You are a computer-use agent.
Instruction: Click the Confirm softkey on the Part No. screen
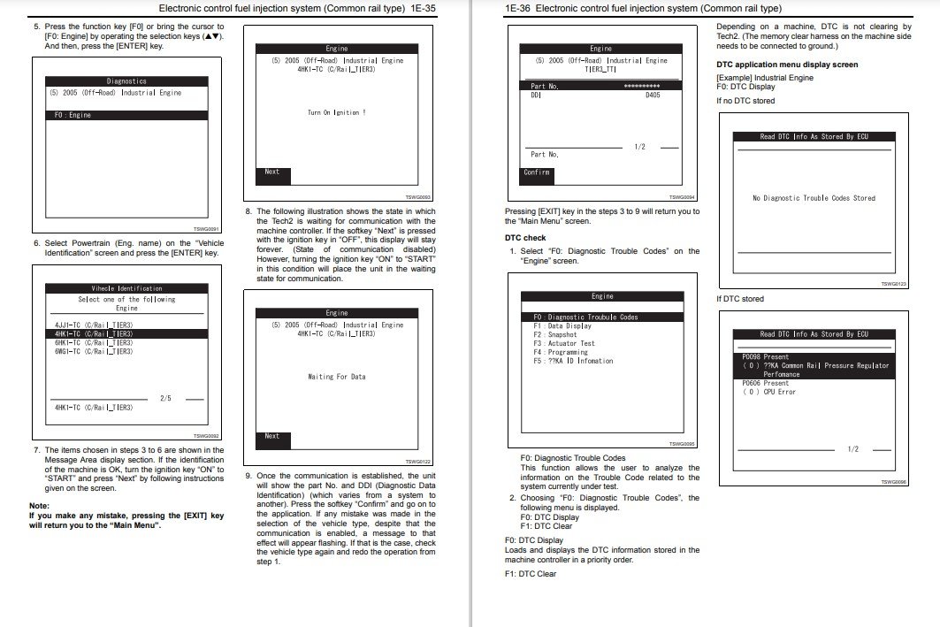[537, 172]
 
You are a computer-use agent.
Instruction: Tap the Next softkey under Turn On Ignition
[272, 172]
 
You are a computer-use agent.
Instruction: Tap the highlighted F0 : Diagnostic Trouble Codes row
[585, 317]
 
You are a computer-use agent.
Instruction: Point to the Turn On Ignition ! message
[336, 112]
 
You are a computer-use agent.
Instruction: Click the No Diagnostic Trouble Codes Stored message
[814, 198]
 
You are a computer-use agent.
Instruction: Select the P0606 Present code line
[765, 383]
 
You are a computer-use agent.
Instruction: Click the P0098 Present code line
[765, 357]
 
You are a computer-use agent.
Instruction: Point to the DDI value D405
[652, 94]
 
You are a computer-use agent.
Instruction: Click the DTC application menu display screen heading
[786, 65]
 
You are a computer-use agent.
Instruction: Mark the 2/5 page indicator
[165, 398]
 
